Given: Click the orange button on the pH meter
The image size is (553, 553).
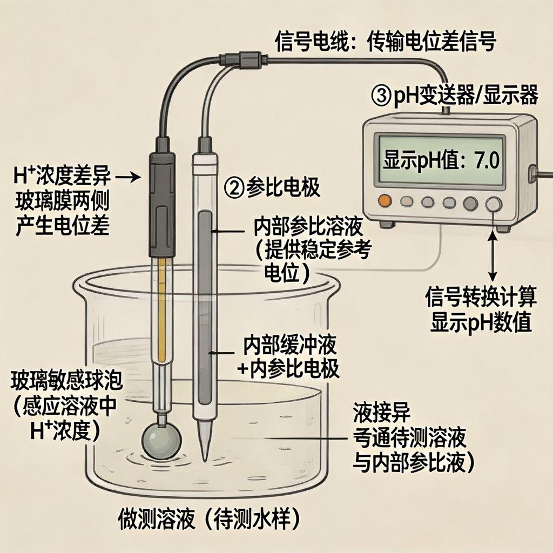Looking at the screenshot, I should tap(385, 201).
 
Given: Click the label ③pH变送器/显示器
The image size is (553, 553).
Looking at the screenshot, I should tap(454, 96).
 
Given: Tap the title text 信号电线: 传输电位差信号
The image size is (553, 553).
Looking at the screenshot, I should tap(385, 42).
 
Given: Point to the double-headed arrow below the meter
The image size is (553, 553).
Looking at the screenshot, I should tap(492, 254).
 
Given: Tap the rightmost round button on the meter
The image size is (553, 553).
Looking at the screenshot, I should tap(493, 203).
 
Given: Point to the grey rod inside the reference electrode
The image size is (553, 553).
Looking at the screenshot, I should tap(205, 302).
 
